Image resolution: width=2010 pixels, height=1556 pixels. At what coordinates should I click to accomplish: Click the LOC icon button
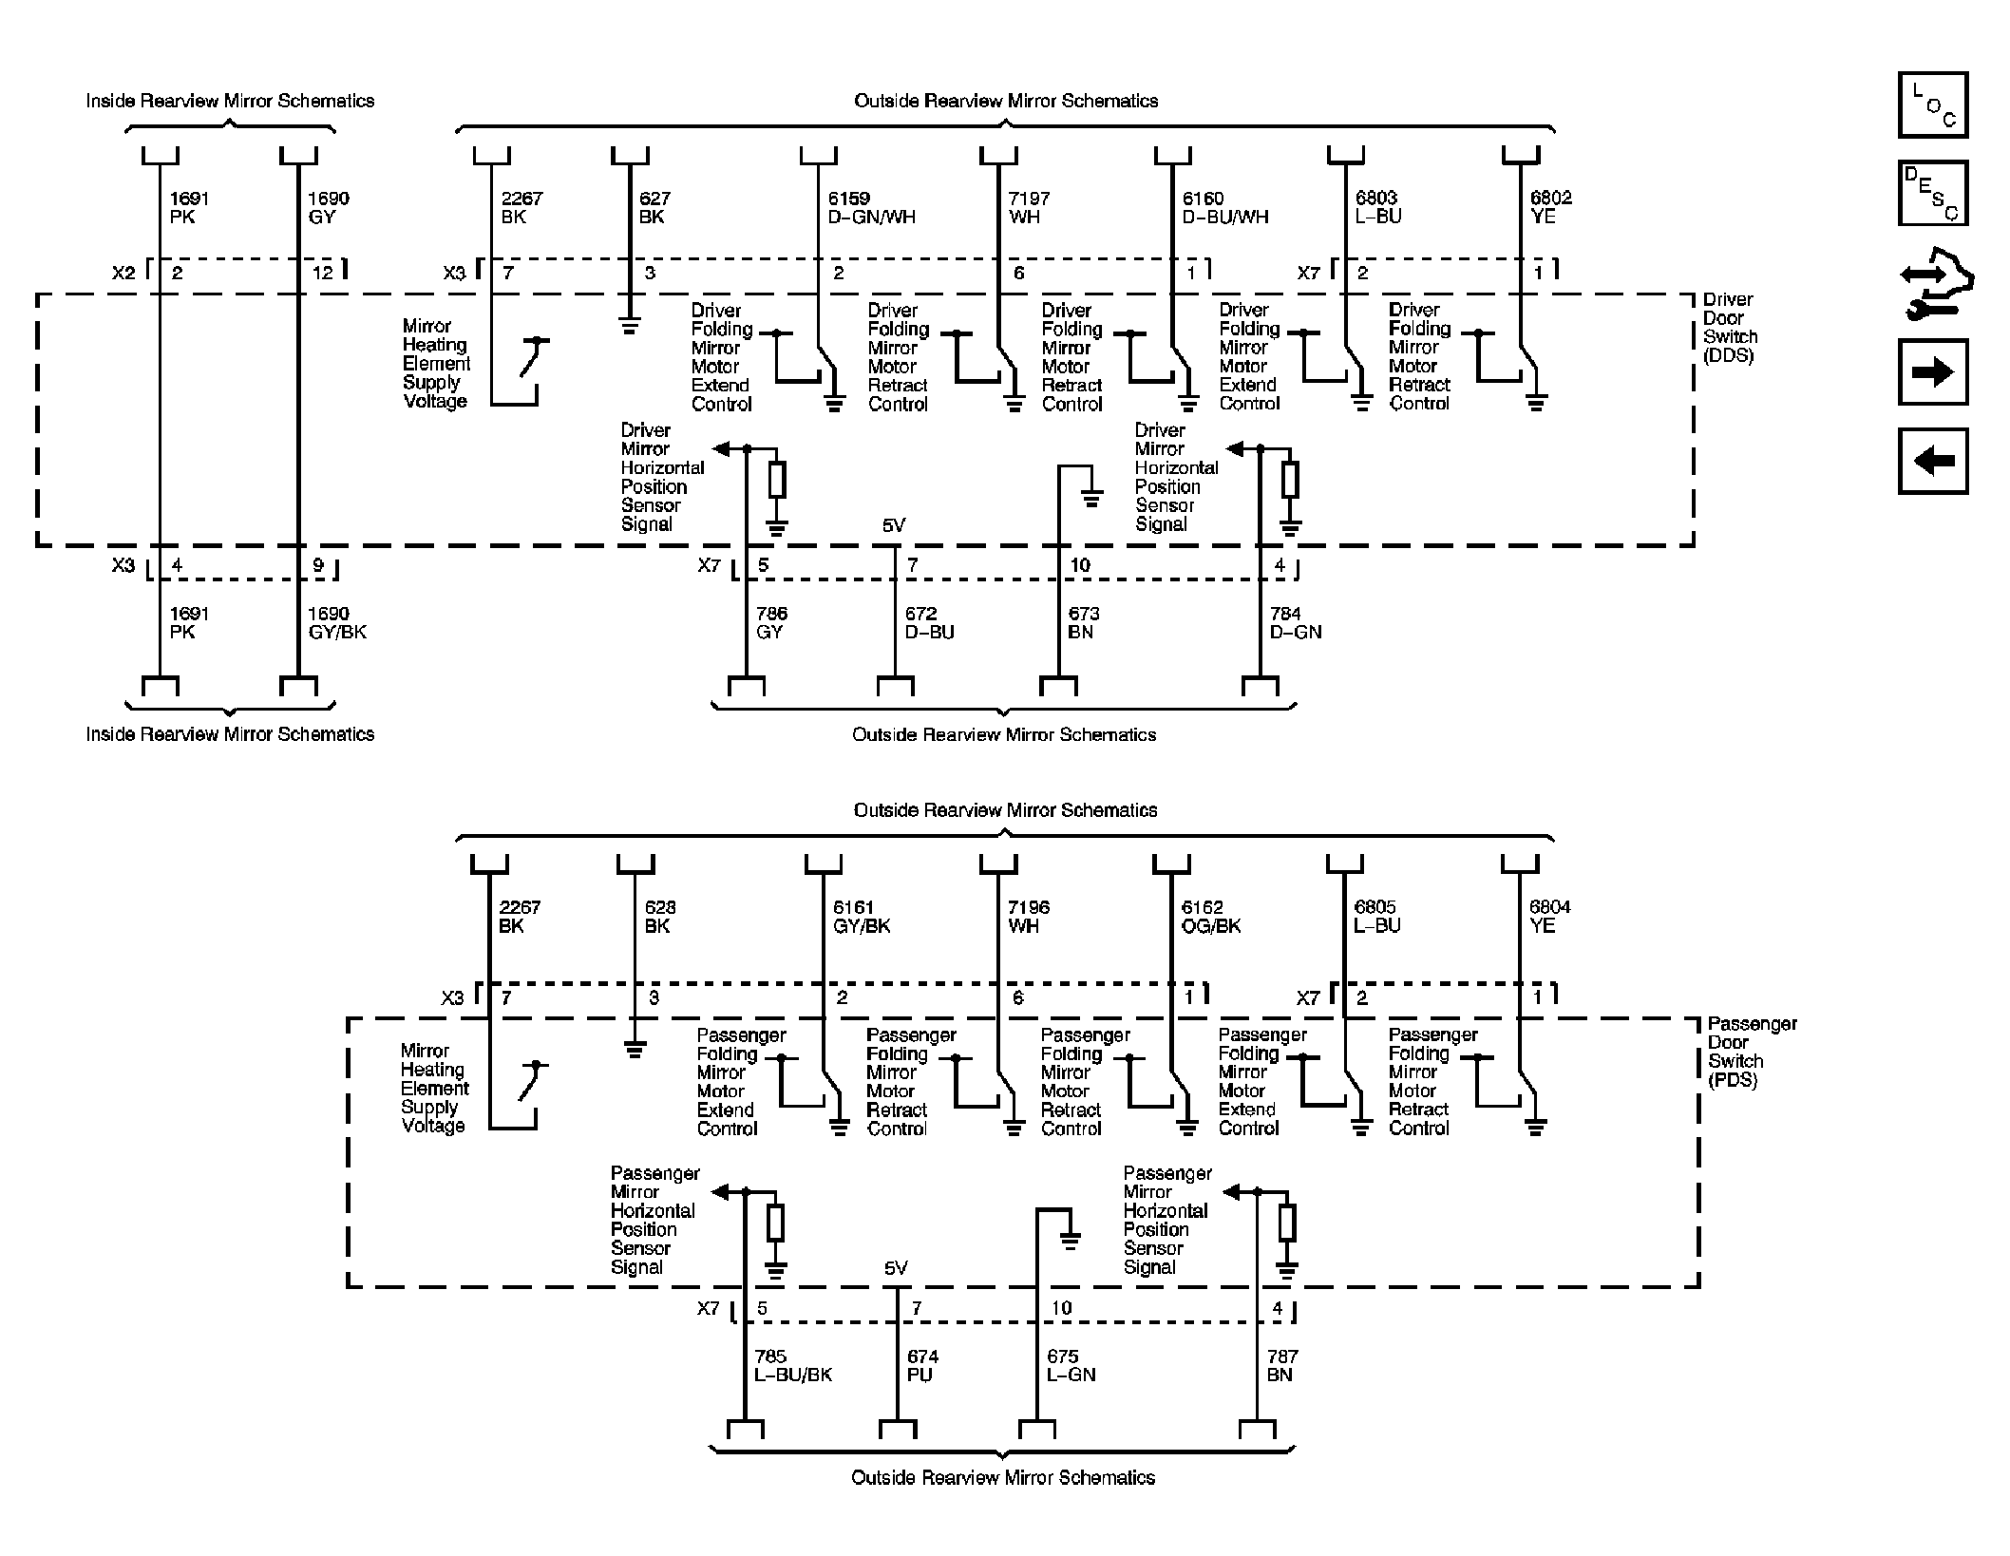1932,104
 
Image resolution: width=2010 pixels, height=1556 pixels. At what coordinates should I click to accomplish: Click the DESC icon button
1932,193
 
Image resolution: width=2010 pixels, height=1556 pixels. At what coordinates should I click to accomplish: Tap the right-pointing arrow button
1932,371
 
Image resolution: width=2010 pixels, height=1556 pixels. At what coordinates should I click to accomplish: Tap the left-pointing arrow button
1932,461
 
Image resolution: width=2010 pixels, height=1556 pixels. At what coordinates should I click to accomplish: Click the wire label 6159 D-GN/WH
870,207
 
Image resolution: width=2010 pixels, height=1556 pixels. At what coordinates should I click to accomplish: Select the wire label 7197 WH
1028,207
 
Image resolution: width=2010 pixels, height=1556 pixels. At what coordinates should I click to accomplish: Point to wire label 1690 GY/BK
336,623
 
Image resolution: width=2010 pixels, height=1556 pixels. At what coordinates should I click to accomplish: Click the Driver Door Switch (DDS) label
1729,328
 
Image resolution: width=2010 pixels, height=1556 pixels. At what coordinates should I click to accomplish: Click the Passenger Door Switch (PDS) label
1751,1052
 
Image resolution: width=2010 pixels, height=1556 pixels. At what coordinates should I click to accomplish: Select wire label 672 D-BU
928,623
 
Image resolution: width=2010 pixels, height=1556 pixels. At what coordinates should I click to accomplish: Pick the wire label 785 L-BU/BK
792,1365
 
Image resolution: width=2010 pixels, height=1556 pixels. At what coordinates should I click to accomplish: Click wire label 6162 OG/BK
1210,917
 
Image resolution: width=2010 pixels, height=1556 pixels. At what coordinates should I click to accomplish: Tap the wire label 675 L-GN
1071,1365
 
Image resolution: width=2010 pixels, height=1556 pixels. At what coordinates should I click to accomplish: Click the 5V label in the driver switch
894,525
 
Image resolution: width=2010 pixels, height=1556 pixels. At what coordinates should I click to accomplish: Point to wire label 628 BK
659,917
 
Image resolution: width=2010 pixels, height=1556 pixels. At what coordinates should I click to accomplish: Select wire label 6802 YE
1549,207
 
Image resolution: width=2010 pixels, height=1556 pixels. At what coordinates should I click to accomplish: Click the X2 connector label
123,274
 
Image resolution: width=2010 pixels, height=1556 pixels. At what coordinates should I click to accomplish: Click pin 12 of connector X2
322,274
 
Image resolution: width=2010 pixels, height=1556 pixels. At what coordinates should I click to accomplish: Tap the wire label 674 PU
921,1365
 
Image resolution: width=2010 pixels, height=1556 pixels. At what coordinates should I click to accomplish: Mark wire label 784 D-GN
1295,623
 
